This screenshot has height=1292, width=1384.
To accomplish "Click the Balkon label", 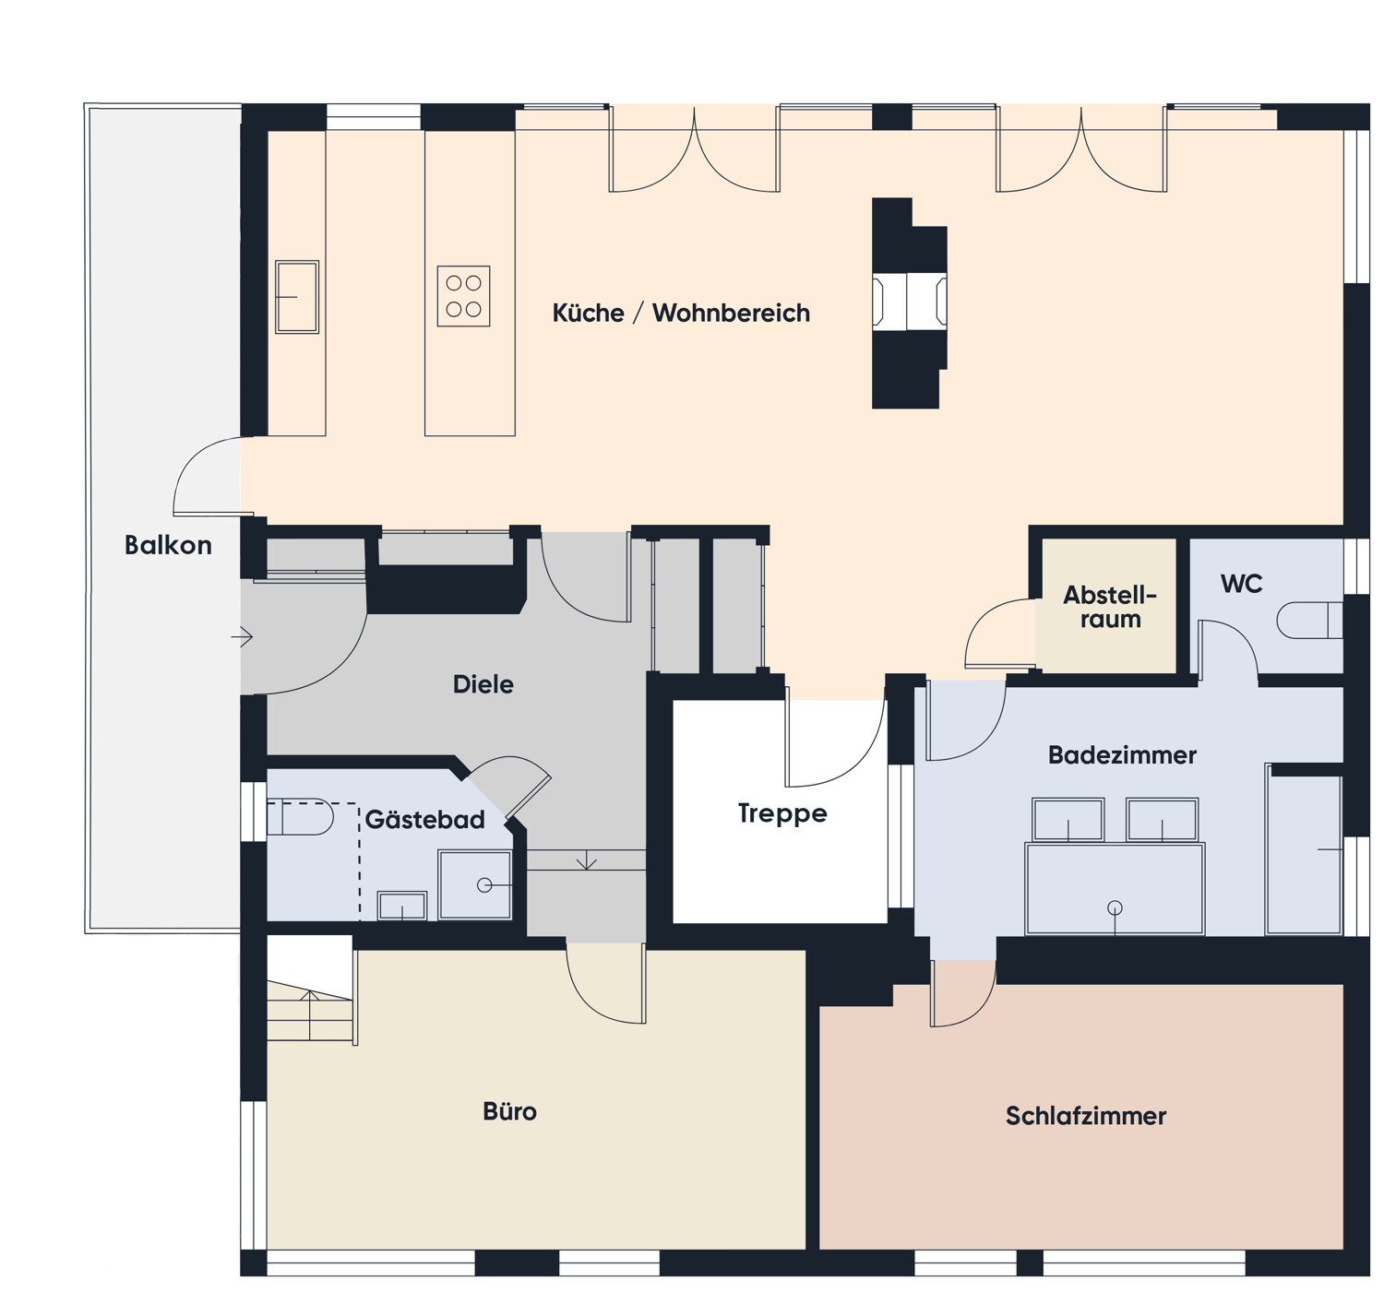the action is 168,545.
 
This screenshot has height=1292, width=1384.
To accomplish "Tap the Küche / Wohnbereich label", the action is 681,313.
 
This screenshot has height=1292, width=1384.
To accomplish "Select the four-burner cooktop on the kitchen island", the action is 463,296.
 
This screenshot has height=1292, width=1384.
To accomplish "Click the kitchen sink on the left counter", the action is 297,297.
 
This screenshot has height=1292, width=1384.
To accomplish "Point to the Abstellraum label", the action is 1110,607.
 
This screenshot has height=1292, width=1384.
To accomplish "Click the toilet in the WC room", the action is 1309,621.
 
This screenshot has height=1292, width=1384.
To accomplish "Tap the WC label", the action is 1241,584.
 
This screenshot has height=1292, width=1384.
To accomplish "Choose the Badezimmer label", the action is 1122,754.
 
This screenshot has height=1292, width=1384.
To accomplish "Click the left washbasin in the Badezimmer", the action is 1068,820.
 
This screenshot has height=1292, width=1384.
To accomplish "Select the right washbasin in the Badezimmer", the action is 1162,820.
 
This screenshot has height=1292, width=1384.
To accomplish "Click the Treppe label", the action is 781,813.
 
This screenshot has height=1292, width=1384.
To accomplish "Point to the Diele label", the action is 483,684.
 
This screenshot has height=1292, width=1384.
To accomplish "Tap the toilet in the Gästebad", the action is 301,817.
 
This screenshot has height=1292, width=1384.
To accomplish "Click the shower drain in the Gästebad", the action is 484,885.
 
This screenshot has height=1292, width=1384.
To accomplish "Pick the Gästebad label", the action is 424,819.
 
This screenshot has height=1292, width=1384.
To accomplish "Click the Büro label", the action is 509,1111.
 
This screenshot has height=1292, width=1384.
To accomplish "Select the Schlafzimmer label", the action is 1085,1116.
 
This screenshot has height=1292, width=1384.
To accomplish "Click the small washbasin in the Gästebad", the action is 402,906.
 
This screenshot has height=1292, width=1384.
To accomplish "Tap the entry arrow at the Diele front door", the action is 242,637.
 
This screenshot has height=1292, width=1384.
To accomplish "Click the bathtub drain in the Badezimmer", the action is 1115,907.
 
